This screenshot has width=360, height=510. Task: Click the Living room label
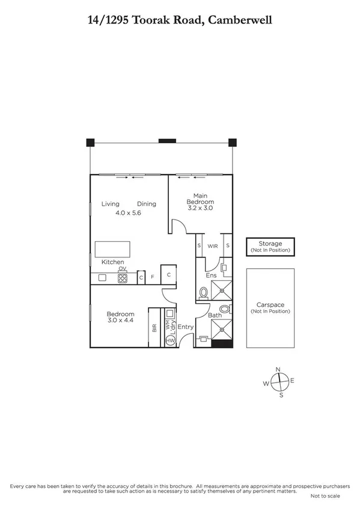[110, 204]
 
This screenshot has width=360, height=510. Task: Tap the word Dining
[146, 204]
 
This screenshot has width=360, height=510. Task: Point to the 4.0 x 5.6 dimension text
[128, 213]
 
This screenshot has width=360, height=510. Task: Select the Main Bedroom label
[200, 199]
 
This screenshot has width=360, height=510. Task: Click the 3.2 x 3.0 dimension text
[200, 207]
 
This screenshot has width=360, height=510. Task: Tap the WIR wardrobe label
[213, 246]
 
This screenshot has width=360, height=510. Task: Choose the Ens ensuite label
[211, 275]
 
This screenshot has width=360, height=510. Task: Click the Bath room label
[215, 315]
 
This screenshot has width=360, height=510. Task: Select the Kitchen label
[112, 262]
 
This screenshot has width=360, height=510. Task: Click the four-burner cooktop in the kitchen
[123, 278]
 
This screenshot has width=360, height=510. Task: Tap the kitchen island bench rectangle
[112, 249]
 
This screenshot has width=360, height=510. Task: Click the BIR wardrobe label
[154, 328]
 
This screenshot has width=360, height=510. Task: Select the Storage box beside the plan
[270, 246]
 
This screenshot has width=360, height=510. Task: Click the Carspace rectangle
[270, 308]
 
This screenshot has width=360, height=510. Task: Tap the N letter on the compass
[278, 369]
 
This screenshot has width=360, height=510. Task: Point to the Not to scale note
[325, 496]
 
